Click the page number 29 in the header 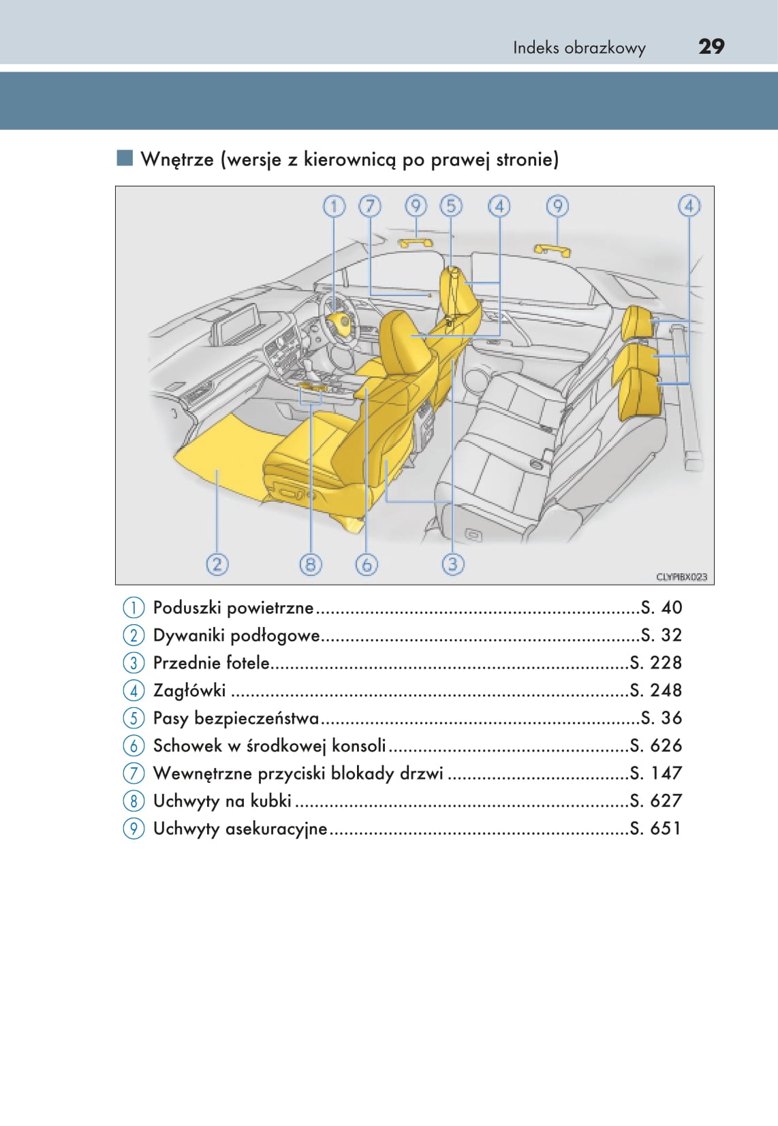click(x=711, y=46)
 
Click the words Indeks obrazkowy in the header click(x=579, y=48)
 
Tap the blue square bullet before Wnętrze click(x=125, y=159)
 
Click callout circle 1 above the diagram click(x=334, y=206)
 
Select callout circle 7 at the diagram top click(x=370, y=206)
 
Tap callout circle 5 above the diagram click(x=451, y=206)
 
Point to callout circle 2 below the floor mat click(x=217, y=564)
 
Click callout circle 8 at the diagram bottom click(x=311, y=564)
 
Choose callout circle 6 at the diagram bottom click(x=367, y=564)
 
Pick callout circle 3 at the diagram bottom click(x=453, y=564)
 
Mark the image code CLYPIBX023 click(x=681, y=577)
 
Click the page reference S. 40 click(x=662, y=607)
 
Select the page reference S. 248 click(x=655, y=690)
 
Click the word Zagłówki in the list click(x=189, y=690)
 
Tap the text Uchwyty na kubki click(x=222, y=801)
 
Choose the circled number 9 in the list click(x=134, y=829)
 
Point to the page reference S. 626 click(x=655, y=745)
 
